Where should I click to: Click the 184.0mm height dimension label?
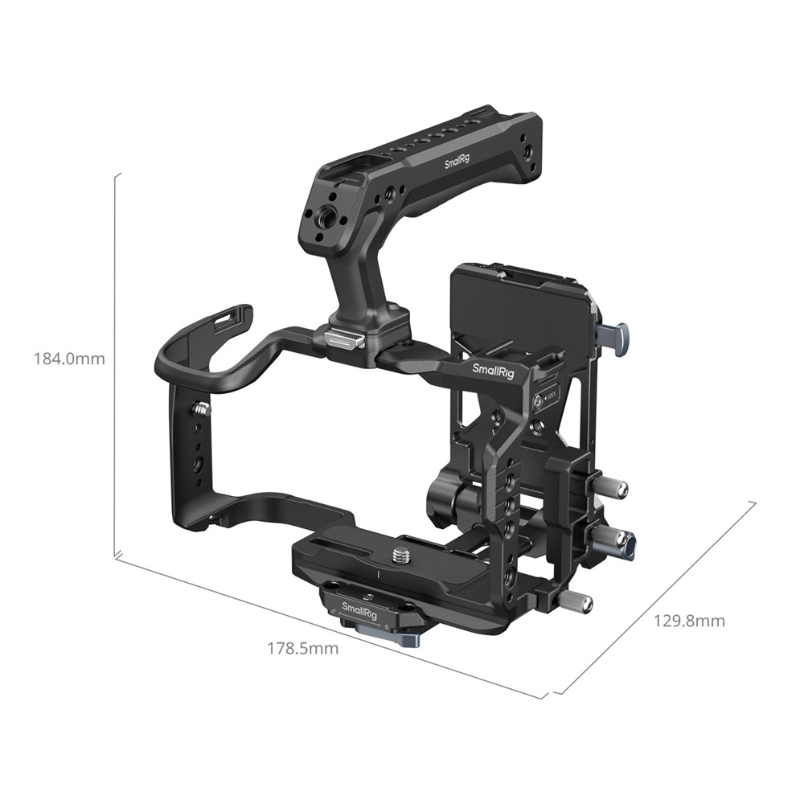69,359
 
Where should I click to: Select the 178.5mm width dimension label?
303,649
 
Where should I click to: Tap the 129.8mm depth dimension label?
689,621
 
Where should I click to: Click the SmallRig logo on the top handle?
457,161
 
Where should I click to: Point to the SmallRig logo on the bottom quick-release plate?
359,610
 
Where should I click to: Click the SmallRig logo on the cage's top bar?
493,370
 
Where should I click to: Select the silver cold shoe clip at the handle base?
345,338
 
